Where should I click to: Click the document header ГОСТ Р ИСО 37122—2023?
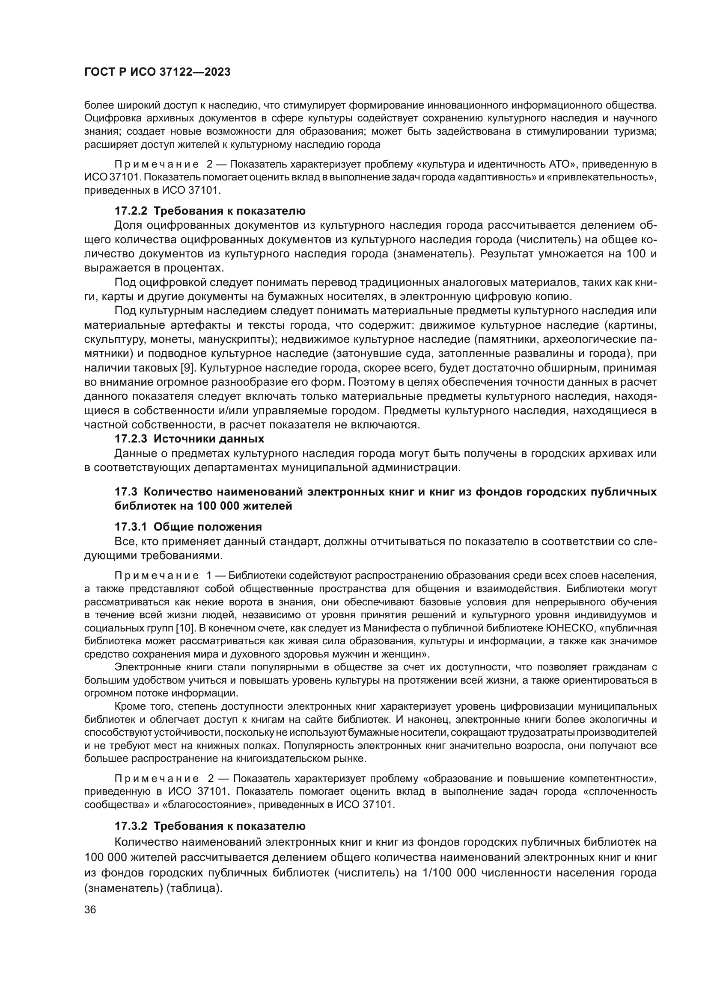(x=157, y=72)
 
